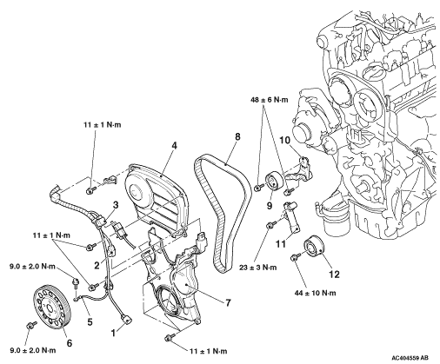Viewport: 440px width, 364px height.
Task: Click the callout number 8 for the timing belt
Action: pyautogui.click(x=237, y=136)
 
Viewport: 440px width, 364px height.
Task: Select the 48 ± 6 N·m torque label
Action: pyautogui.click(x=270, y=100)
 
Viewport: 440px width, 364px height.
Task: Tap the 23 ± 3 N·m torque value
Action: pyautogui.click(x=257, y=268)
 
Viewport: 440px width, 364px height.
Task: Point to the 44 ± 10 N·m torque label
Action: pyautogui.click(x=315, y=293)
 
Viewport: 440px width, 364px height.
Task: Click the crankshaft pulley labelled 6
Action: pyautogui.click(x=52, y=307)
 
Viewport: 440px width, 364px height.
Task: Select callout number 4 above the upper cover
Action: pyautogui.click(x=174, y=146)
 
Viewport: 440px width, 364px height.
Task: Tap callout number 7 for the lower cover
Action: pyautogui.click(x=228, y=303)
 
